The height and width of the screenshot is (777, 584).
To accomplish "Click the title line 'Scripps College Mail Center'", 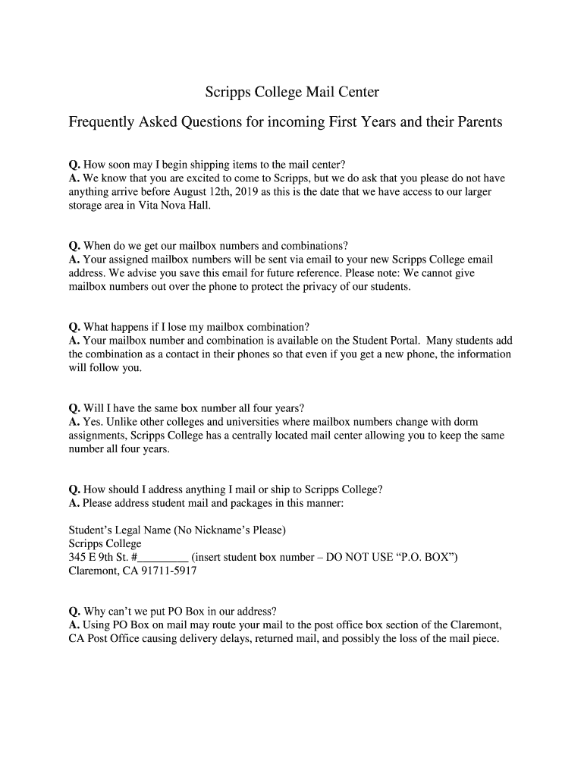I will [292, 93].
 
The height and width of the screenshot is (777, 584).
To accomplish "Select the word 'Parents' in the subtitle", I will [478, 122].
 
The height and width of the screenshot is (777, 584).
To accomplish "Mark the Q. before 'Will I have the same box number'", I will [74, 407].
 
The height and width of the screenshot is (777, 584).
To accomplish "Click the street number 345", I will [77, 557].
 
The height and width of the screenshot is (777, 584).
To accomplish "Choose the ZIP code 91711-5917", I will [159, 571].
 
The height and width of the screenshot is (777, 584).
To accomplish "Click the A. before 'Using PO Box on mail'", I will [74, 624].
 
